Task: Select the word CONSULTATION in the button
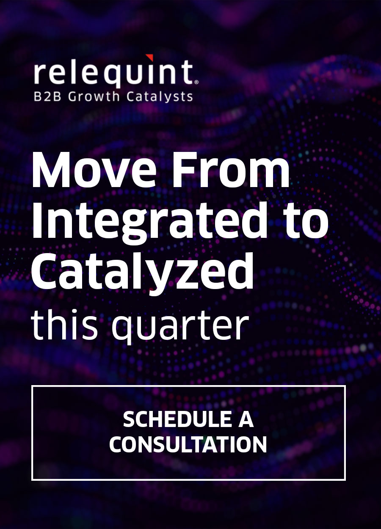[188, 444]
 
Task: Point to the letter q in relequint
[119, 76]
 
